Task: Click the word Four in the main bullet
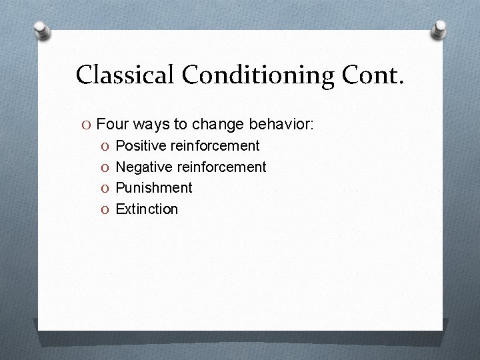point(111,124)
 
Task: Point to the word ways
point(150,124)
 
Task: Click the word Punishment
point(154,188)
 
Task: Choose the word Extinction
point(147,209)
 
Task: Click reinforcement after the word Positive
point(215,145)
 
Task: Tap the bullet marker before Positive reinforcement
point(105,146)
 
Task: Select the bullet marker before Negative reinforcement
point(105,167)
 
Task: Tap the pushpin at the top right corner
point(439,29)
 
